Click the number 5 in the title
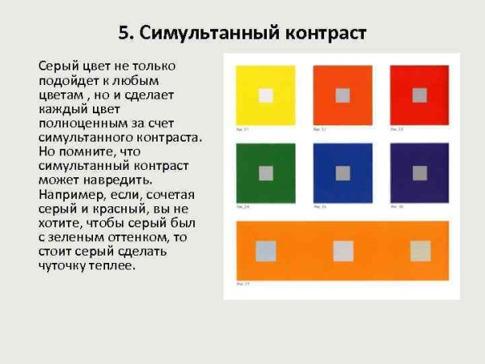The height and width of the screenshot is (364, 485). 124,33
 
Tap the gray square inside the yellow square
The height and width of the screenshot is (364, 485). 266,95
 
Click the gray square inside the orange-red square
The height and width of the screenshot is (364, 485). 343,95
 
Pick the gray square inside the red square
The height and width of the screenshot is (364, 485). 420,95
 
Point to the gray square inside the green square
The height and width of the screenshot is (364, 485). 266,172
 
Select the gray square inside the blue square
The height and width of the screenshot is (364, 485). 343,172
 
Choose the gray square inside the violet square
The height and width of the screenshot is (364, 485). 420,172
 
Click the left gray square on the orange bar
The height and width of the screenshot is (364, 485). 266,251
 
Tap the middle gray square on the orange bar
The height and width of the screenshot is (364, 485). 344,251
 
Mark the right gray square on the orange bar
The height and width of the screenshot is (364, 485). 420,251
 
